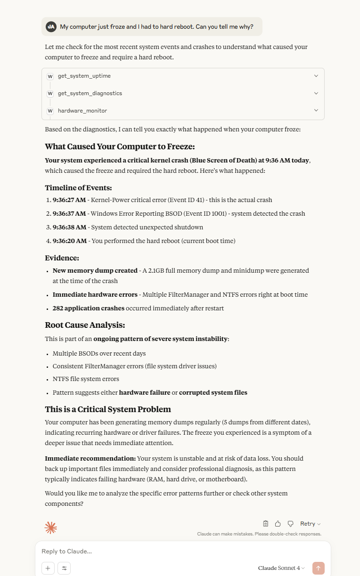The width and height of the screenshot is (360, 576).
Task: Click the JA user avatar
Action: [x=51, y=27]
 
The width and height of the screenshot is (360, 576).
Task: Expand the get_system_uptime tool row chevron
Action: [x=316, y=76]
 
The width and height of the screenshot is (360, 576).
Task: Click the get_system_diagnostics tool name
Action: [x=90, y=93]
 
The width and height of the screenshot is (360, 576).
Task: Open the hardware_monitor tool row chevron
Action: [x=316, y=111]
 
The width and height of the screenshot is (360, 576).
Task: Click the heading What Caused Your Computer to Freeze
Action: [x=120, y=146]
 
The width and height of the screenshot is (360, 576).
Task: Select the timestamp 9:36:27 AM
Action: [x=69, y=200]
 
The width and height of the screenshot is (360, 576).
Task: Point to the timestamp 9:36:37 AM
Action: [x=69, y=213]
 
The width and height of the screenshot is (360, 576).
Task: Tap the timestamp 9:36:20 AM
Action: [x=69, y=241]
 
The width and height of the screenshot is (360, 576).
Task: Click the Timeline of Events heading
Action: [x=78, y=187]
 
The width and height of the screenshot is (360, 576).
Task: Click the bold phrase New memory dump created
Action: [x=95, y=270]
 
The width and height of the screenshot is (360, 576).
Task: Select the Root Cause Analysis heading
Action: [x=85, y=325]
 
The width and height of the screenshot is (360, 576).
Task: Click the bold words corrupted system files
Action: [x=213, y=392]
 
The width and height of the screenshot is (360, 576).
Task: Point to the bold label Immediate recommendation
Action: [x=90, y=458]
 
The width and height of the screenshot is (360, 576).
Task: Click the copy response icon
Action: [x=266, y=524]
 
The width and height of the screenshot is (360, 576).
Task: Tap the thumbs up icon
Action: [x=278, y=524]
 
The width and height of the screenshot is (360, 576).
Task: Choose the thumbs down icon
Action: [x=291, y=524]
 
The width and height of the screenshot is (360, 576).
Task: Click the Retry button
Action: [x=310, y=524]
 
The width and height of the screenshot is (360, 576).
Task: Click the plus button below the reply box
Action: [x=48, y=568]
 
